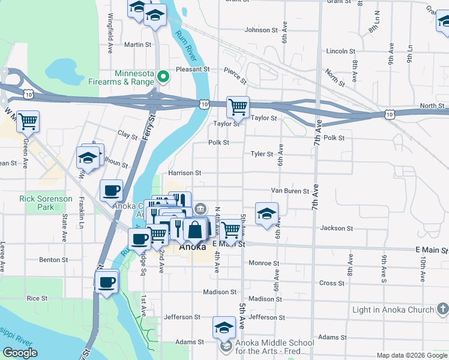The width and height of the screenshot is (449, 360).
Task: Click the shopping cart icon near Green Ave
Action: click(28, 121)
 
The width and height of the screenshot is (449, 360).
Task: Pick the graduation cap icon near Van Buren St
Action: click(267, 212)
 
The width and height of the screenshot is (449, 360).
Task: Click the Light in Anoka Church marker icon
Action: click(442, 309)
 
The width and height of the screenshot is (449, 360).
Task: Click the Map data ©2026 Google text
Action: click(412, 355)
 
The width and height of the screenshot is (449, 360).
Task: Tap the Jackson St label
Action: click(336, 228)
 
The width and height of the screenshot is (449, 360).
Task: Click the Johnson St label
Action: click(258, 29)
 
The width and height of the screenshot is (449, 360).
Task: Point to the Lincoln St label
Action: click(340, 51)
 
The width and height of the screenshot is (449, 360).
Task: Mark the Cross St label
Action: click(331, 283)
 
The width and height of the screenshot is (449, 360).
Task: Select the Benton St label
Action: click(53, 260)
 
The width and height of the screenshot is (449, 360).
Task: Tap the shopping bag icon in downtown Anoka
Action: click(195, 229)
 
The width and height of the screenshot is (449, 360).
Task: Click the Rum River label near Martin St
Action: click(185, 46)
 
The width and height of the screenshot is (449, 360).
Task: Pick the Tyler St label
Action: click(262, 154)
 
